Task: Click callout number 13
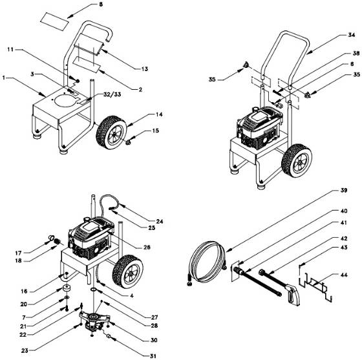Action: pyautogui.click(x=145, y=69)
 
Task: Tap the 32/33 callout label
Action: pyautogui.click(x=112, y=94)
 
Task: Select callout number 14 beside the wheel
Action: pyautogui.click(x=159, y=114)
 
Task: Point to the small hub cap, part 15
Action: pyautogui.click(x=128, y=142)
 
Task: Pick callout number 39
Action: pyautogui.click(x=344, y=190)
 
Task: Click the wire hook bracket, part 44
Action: pyautogui.click(x=316, y=286)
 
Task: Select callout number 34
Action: pyautogui.click(x=352, y=35)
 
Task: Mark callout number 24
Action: pyautogui.click(x=159, y=222)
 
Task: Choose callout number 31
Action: pyautogui.click(x=153, y=356)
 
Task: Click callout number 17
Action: pyautogui.click(x=18, y=253)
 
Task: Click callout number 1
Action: pyautogui.click(x=4, y=78)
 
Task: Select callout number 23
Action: pyautogui.click(x=25, y=350)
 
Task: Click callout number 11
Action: pyautogui.click(x=10, y=49)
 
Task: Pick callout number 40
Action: pyautogui.click(x=344, y=211)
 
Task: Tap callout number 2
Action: pyautogui.click(x=140, y=90)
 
